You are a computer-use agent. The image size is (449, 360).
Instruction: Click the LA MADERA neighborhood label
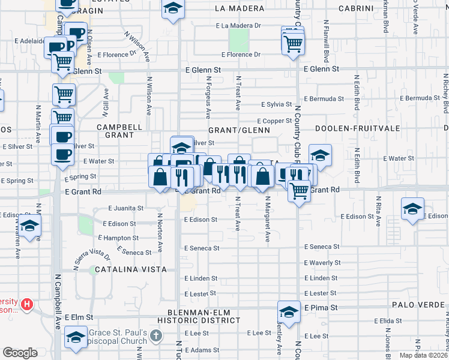pos(238,8)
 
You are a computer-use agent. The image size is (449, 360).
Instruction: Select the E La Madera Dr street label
pos(238,26)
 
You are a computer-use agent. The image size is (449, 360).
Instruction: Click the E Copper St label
pos(275,121)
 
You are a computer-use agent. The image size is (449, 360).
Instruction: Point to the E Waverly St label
pos(322,263)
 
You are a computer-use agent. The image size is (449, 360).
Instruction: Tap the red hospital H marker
pos(27,305)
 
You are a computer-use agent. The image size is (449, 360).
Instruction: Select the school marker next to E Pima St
pos(289,313)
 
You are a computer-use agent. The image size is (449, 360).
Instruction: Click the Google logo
pos(20,353)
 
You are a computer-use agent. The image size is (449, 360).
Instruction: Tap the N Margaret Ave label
pos(268,219)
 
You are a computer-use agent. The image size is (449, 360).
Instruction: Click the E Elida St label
pos(389,321)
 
